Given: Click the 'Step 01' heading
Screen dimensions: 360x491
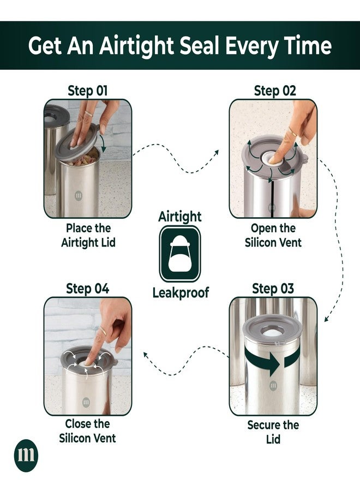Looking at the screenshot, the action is pos(88,91).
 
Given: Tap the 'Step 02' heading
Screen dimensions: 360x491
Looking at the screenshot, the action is pos(275,91).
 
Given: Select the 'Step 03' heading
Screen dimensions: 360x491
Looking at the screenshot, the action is pos(273,289).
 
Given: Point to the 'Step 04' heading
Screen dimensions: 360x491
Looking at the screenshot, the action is pos(88,289).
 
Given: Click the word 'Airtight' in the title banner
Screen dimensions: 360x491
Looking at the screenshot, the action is pos(136,45).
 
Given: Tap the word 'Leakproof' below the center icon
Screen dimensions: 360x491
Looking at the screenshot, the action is pos(181,293).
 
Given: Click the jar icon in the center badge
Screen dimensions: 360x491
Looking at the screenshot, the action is pos(179,254).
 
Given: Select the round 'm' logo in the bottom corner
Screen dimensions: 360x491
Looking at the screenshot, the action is pos(26,456).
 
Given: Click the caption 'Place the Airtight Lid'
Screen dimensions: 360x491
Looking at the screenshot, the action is pos(88,235).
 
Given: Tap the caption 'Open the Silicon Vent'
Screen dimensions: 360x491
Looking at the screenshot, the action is pos(273,235).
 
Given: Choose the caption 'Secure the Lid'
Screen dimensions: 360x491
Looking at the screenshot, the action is pos(273,432).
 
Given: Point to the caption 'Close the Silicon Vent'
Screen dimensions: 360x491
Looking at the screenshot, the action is pos(88,431).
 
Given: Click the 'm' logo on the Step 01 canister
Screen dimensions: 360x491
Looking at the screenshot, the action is pos(79,196).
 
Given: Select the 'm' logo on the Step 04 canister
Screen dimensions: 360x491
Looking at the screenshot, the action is pos(86,402).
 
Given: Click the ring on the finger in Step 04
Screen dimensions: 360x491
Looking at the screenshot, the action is pos(103,331).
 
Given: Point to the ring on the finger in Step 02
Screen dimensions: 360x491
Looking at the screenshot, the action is pos(292,132).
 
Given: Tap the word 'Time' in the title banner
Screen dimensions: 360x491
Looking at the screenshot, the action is pos(308,45).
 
